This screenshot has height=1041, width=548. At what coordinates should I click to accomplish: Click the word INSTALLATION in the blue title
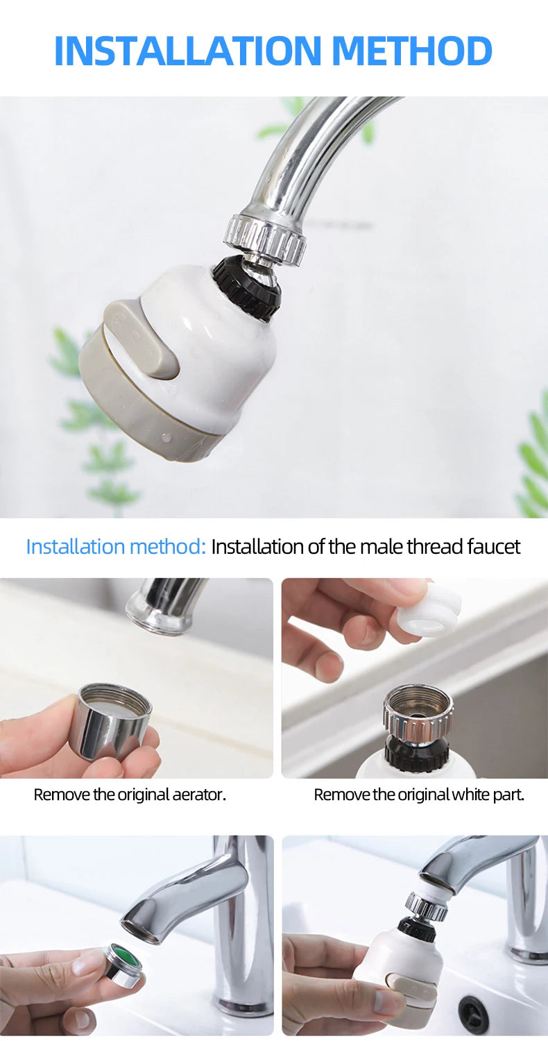(188, 51)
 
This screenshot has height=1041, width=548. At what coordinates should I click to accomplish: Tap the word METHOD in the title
(412, 51)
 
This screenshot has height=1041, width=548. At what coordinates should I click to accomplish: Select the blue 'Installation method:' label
(116, 546)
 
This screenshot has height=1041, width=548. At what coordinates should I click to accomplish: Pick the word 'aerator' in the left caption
(198, 794)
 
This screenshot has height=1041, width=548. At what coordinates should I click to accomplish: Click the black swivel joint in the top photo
(247, 288)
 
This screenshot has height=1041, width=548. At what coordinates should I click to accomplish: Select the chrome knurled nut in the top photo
(266, 238)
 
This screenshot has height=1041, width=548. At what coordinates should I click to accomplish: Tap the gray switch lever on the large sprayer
(142, 340)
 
